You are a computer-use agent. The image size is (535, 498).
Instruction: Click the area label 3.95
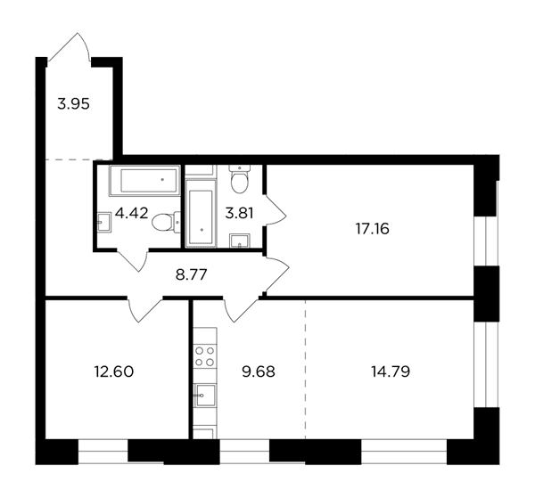[73, 104]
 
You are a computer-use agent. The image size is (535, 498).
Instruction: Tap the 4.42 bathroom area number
[132, 214]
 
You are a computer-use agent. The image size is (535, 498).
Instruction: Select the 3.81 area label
[239, 214]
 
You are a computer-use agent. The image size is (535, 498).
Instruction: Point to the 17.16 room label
[372, 229]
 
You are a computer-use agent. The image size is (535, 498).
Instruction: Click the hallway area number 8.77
[192, 274]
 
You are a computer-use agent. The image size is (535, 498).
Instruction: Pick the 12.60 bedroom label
[114, 371]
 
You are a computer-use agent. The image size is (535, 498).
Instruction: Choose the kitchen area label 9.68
[259, 371]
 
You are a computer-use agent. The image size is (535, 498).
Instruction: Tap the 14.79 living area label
[391, 371]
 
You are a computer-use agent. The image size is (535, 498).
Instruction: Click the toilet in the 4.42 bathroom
[166, 222]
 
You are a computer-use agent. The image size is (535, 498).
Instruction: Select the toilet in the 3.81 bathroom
[240, 179]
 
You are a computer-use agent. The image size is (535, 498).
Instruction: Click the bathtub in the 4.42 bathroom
[144, 180]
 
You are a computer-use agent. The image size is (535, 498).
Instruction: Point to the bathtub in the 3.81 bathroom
[201, 212]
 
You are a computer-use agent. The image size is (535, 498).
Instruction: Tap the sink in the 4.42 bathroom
[104, 222]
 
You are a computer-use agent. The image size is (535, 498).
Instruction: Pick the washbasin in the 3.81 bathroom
[240, 241]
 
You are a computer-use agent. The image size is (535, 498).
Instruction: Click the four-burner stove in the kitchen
[204, 356]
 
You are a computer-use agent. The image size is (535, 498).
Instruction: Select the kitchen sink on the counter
[205, 395]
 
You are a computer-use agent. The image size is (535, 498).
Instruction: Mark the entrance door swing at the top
[70, 48]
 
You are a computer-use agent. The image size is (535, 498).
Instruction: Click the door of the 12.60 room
[144, 309]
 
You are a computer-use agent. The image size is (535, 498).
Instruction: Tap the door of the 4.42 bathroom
[132, 261]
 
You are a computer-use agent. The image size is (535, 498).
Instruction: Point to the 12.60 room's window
[103, 452]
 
